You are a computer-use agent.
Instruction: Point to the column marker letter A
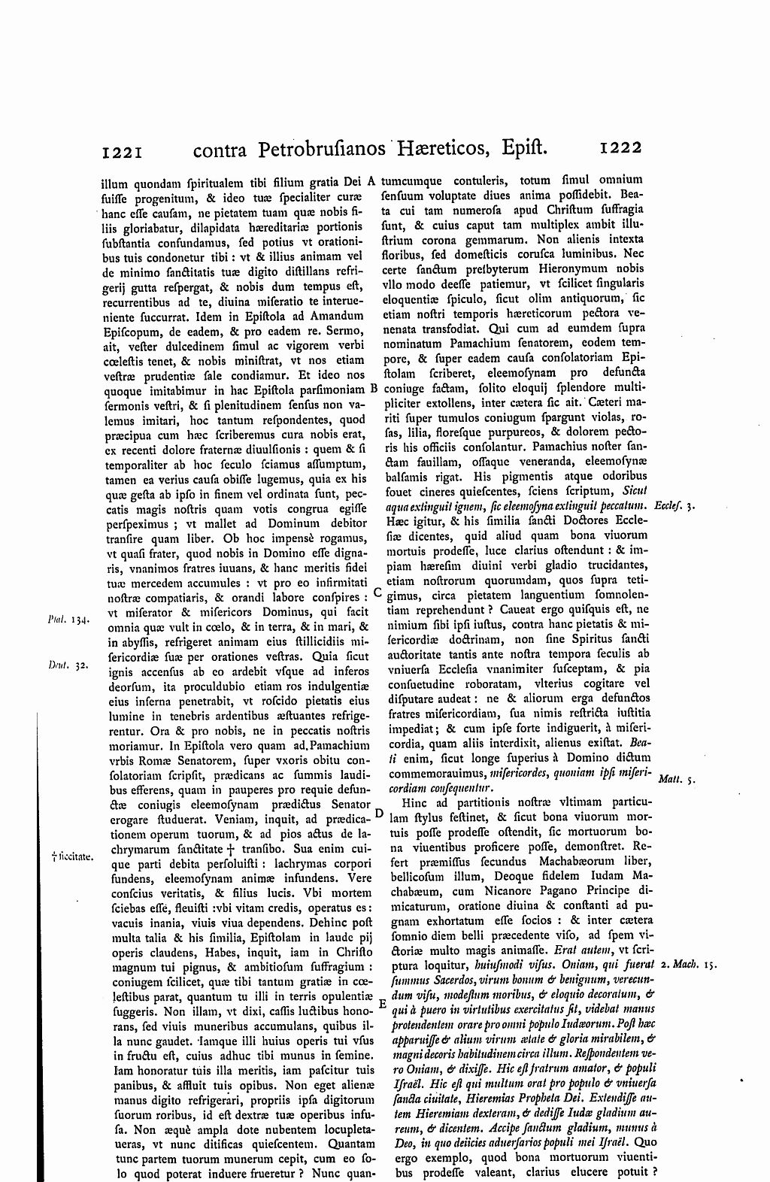371,180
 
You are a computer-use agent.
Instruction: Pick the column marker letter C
377,593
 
